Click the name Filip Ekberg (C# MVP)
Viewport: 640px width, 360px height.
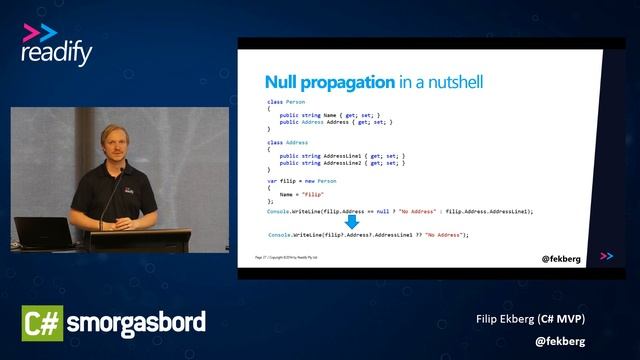530,319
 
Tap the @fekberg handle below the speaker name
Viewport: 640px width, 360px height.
559,340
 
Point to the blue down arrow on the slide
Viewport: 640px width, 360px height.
352,221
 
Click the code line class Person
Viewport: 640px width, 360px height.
288,103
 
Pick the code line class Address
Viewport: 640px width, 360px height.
290,141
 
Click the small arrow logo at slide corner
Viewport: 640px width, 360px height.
606,257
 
